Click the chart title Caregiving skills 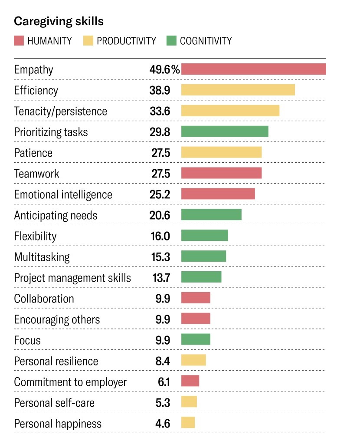tap(59, 21)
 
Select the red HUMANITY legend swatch tap(19, 41)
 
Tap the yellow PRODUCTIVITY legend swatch tap(88, 41)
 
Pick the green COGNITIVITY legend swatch tap(171, 41)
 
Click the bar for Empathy tap(253, 69)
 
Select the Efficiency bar tap(238, 90)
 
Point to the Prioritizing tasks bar tap(225, 131)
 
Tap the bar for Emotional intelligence tap(218, 194)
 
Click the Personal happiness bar tap(188, 423)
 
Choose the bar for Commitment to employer tap(190, 381)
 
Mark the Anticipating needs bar tap(211, 215)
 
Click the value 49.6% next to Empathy tap(165, 69)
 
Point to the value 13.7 tap(161, 278)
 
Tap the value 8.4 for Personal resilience tap(163, 361)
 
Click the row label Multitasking tap(42, 257)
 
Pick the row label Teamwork tap(36, 174)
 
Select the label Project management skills tap(72, 278)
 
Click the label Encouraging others tap(57, 319)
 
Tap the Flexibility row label tap(35, 236)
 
